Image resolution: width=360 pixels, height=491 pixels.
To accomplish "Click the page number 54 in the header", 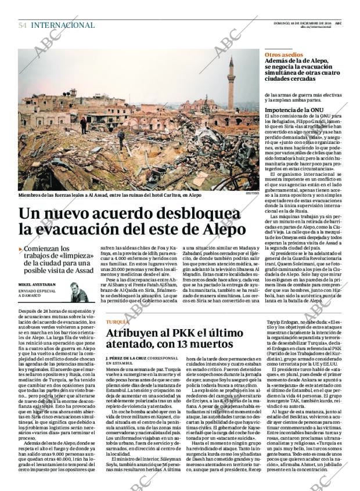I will click(x=23, y=25).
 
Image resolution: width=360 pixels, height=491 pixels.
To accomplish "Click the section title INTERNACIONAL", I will click(x=63, y=25).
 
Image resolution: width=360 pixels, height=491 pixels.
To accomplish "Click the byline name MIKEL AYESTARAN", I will click(x=41, y=284).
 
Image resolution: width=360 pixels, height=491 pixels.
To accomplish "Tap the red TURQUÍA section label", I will click(x=118, y=322).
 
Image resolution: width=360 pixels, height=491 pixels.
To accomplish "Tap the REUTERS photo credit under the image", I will click(x=254, y=194).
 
